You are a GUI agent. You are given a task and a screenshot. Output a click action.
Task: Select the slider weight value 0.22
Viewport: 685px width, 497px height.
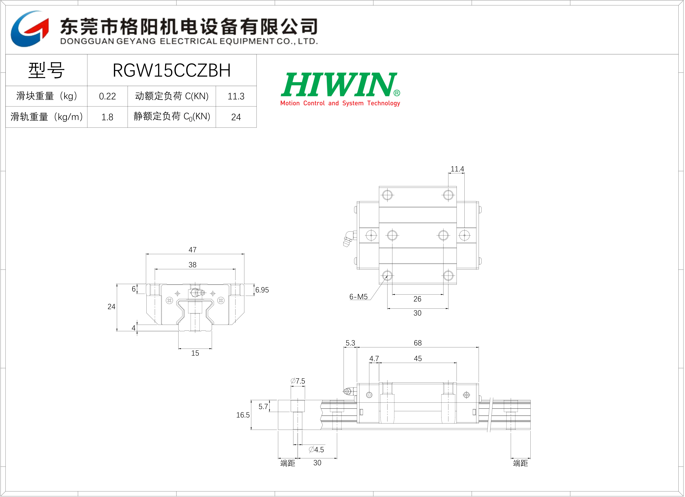click(107, 96)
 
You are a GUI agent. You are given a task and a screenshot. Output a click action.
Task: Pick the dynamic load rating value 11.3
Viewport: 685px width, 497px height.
click(236, 96)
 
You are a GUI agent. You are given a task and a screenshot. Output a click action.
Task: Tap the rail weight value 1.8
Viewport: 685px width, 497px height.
click(107, 117)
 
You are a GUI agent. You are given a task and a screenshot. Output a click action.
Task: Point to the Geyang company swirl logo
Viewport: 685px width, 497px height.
click(30, 29)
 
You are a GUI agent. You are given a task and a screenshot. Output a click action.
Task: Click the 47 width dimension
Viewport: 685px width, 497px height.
click(192, 250)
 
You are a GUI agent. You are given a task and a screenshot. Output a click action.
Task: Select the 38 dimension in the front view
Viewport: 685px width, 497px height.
click(192, 265)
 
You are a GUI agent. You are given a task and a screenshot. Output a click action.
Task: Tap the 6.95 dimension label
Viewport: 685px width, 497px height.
click(262, 290)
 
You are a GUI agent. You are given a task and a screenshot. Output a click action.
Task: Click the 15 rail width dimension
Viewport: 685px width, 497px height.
click(195, 353)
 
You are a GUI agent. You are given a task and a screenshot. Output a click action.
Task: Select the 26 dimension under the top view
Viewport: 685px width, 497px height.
click(417, 299)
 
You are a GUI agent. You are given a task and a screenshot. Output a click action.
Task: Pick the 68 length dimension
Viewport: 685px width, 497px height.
click(418, 343)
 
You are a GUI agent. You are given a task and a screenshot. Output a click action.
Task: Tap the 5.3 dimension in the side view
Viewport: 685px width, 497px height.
click(350, 343)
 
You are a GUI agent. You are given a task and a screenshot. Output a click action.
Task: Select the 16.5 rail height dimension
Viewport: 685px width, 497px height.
click(243, 415)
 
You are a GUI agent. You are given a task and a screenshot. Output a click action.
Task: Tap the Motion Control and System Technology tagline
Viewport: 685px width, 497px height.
click(340, 103)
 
